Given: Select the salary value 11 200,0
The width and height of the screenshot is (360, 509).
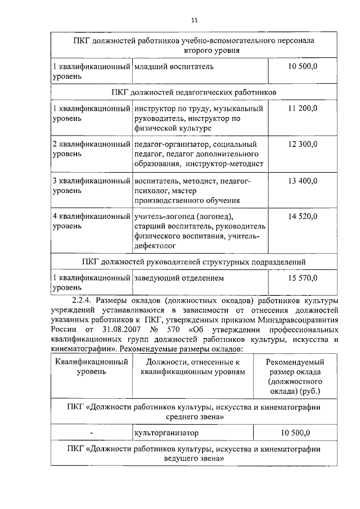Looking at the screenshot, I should coord(303,108).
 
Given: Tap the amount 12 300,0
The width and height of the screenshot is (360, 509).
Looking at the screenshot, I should coord(303,145).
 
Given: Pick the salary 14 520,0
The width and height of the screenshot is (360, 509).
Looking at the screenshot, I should coord(303,217).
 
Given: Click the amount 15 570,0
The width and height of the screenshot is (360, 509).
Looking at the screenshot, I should coord(303,278).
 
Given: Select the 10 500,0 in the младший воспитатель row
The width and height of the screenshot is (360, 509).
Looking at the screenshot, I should coord(303,67).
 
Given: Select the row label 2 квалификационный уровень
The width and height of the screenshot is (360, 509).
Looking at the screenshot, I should coord(91,150).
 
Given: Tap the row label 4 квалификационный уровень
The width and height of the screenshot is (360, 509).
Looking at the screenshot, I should coord(91,221).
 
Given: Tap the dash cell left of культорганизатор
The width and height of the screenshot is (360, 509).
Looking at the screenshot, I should coord(91,433).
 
